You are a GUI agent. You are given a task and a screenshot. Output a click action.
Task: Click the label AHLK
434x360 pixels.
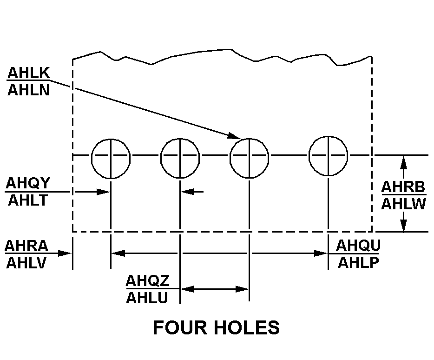(x=28, y=73)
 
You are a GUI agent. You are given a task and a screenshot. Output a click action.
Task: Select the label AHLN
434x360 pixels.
(x=28, y=89)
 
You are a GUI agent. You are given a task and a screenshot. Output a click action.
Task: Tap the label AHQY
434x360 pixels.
(x=27, y=184)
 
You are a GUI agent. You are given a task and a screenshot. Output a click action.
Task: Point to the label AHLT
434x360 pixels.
(x=27, y=200)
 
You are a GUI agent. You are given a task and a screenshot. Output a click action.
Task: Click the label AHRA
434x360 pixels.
(x=26, y=246)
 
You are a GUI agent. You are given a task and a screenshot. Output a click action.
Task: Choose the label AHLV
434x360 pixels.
(x=26, y=263)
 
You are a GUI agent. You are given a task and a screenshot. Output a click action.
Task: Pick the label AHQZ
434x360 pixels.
(x=148, y=281)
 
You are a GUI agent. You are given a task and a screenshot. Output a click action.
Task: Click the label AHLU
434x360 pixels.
(x=147, y=297)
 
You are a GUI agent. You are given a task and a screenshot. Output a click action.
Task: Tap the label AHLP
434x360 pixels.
(x=358, y=262)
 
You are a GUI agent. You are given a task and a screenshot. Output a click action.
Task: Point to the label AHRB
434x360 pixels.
(x=403, y=187)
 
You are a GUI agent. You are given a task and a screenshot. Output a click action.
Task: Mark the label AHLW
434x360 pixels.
(x=403, y=204)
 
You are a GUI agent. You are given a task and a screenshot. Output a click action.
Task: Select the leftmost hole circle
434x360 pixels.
(x=111, y=158)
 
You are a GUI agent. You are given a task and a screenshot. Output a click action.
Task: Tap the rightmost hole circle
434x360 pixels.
(x=329, y=156)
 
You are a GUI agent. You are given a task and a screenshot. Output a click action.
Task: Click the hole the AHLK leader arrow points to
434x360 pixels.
(x=250, y=158)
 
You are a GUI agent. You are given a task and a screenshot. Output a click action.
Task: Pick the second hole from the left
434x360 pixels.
(x=180, y=158)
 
